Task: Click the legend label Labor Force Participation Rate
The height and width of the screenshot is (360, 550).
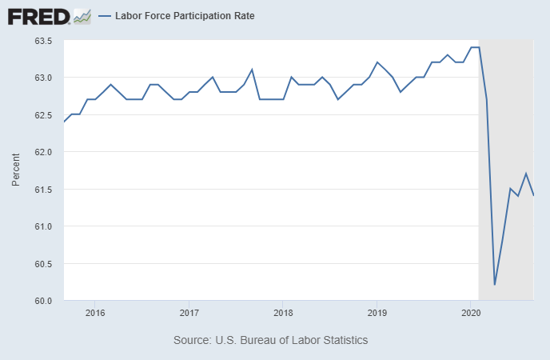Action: click(185, 15)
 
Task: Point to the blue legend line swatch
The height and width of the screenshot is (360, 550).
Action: click(105, 15)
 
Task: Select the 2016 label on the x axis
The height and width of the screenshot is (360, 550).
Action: click(94, 312)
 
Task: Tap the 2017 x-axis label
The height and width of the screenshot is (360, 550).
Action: click(189, 312)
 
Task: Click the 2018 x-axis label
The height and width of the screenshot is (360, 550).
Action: click(283, 312)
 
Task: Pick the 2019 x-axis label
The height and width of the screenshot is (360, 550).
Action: click(377, 312)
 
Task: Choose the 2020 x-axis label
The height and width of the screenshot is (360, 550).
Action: click(471, 312)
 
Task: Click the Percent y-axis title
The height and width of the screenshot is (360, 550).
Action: click(16, 171)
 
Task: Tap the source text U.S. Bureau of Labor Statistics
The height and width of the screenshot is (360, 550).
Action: click(270, 340)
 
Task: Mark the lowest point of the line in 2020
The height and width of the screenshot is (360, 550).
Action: click(495, 285)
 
